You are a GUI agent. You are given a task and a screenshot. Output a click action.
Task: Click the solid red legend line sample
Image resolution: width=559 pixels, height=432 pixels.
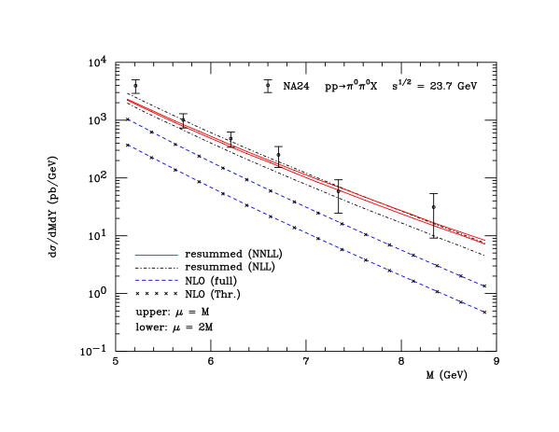click(156, 255)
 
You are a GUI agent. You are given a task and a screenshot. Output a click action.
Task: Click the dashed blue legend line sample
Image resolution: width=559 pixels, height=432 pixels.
click(156, 280)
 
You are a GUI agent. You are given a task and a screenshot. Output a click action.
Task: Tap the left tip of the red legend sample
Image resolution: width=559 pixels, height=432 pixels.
click(134, 255)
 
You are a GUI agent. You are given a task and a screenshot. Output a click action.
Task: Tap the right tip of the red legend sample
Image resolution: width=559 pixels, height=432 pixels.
click(177, 255)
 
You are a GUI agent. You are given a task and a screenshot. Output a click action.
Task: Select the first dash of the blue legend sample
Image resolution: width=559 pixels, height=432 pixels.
click(136, 280)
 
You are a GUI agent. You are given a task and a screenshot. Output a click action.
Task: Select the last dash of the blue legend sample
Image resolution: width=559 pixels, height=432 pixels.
click(175, 280)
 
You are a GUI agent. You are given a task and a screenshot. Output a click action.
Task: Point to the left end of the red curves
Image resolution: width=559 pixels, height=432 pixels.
click(128, 100)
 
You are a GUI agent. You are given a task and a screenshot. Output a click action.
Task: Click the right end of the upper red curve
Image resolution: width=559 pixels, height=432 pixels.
click(484, 240)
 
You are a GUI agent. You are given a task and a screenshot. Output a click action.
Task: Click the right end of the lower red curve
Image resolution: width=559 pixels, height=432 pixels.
click(484, 244)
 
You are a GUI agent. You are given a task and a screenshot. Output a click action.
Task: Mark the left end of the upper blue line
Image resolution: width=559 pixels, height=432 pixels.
click(129, 119)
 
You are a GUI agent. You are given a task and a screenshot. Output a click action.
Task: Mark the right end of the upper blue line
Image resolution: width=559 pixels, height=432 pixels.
click(483, 285)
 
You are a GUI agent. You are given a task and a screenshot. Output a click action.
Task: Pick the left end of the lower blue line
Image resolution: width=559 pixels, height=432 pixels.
click(129, 145)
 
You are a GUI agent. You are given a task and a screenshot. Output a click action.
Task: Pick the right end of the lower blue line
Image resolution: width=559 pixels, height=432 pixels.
click(483, 311)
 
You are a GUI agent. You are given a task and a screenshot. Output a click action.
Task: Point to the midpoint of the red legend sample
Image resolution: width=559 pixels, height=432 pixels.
click(156, 255)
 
